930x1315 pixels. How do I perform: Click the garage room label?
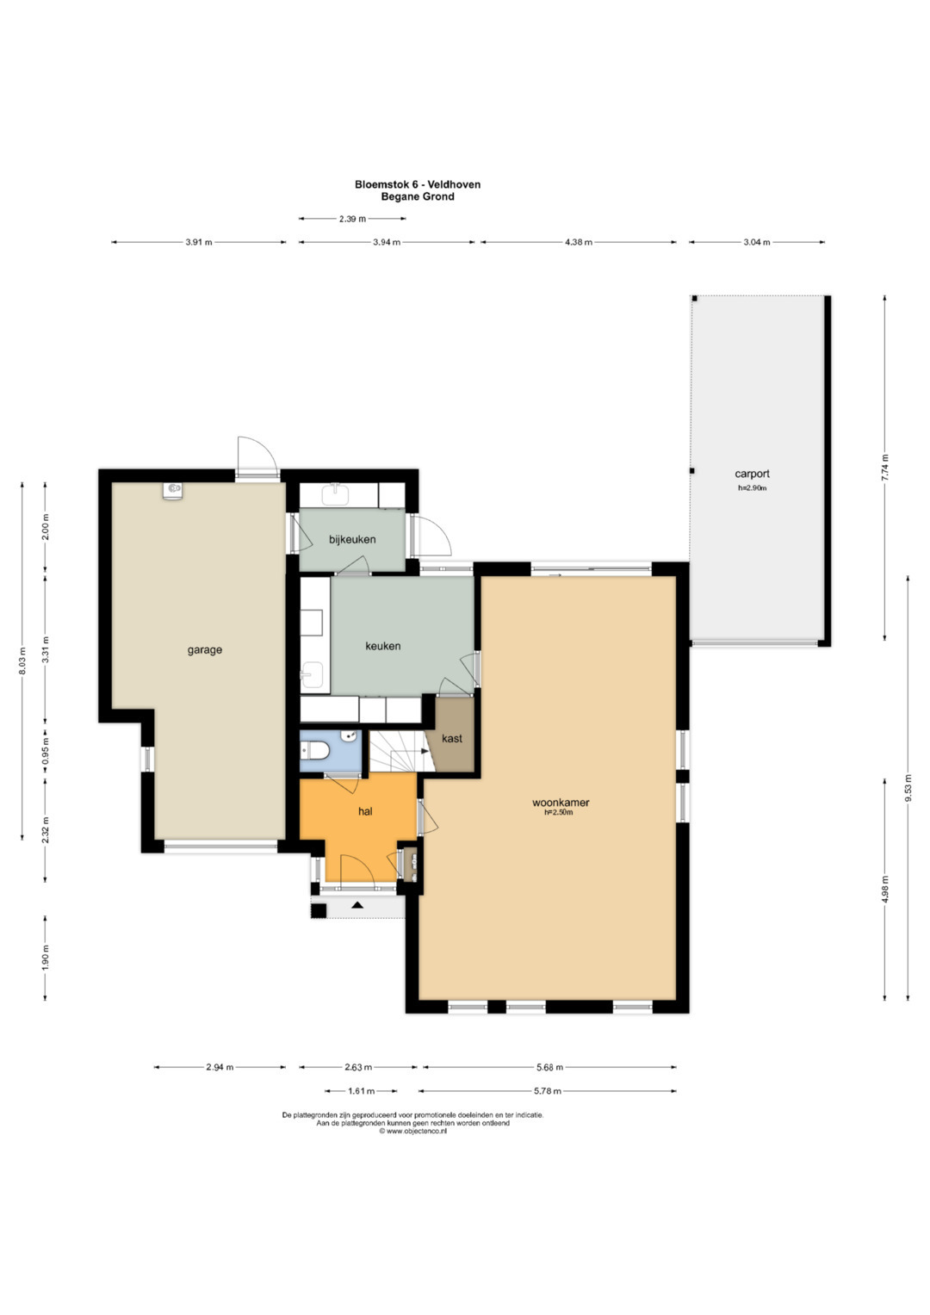pyautogui.click(x=205, y=650)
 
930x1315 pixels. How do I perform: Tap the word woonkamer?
pyautogui.click(x=561, y=803)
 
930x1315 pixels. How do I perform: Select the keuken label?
pyautogui.click(x=383, y=646)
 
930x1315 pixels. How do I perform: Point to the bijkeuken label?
pyautogui.click(x=352, y=539)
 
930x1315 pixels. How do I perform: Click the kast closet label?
pyautogui.click(x=452, y=739)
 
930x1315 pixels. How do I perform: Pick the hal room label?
pyautogui.click(x=365, y=812)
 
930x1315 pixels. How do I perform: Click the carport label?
pyautogui.click(x=752, y=474)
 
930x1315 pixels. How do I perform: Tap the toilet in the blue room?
pyautogui.click(x=313, y=750)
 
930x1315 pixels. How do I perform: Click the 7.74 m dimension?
pyautogui.click(x=885, y=468)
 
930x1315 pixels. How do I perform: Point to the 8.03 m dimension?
pyautogui.click(x=22, y=661)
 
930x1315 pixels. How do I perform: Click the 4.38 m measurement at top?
pyautogui.click(x=579, y=242)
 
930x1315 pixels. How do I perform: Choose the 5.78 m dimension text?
pyautogui.click(x=547, y=1091)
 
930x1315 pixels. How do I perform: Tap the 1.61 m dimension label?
pyautogui.click(x=361, y=1091)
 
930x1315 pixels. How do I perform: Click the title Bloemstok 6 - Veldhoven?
pyautogui.click(x=418, y=184)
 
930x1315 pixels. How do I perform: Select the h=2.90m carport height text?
pyautogui.click(x=752, y=487)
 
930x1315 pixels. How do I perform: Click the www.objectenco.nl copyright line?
pyautogui.click(x=412, y=1131)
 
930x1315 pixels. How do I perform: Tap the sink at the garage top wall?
pyautogui.click(x=173, y=489)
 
